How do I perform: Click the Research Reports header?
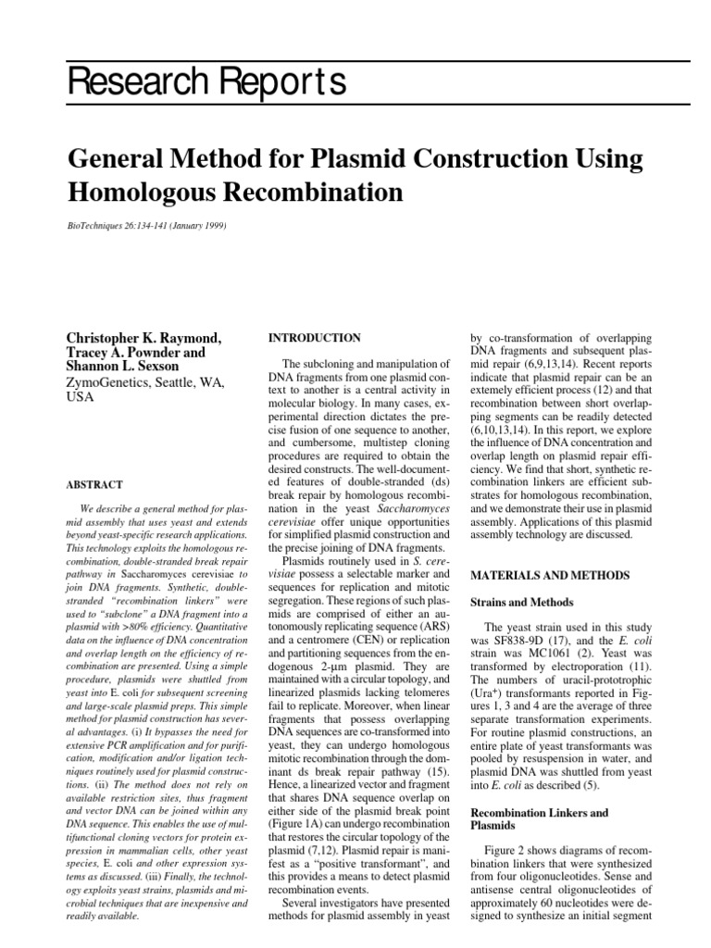click(x=207, y=83)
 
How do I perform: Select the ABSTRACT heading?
click(x=95, y=483)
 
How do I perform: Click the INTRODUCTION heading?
click(x=314, y=338)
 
